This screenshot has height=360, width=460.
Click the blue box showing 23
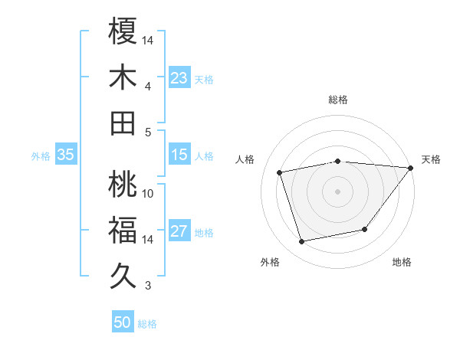(x=179, y=77)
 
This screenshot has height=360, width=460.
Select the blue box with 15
(x=179, y=155)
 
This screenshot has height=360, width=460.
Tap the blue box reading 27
(x=179, y=231)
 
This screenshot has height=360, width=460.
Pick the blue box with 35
(x=66, y=155)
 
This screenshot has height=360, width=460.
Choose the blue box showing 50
(x=123, y=322)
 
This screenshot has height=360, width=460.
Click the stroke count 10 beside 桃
(x=148, y=193)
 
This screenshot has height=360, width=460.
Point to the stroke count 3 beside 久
(x=148, y=286)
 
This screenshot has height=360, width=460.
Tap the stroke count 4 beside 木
(x=148, y=86)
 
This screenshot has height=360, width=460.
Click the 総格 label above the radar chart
(x=337, y=100)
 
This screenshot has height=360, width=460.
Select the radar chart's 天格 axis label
(x=431, y=159)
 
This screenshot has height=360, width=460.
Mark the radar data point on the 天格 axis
(x=410, y=168)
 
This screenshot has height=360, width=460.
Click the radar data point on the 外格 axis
(x=302, y=241)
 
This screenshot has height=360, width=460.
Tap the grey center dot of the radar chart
(x=337, y=191)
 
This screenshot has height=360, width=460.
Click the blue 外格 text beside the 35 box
(x=41, y=155)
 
